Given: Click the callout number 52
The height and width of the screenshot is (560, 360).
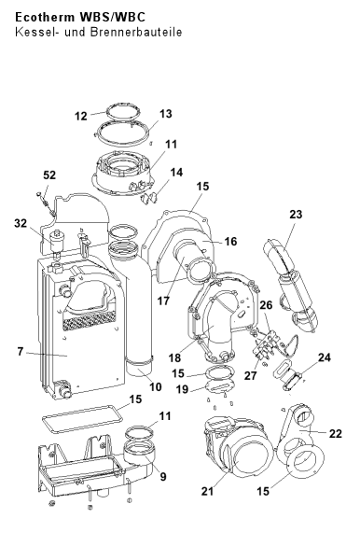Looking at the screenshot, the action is (x=49, y=175).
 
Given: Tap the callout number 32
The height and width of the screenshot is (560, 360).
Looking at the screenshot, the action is (x=21, y=223).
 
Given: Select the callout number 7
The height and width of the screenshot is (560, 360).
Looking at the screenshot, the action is (x=21, y=352).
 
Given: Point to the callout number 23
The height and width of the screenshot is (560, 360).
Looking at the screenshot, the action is (x=296, y=215).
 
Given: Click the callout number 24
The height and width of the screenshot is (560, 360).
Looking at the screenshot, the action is (x=325, y=357).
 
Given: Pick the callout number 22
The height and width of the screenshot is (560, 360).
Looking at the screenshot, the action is (x=336, y=434).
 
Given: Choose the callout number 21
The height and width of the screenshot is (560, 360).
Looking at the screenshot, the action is (x=207, y=491).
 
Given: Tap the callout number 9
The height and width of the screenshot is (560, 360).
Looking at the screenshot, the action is (x=163, y=477).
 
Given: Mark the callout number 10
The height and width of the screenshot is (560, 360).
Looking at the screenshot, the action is (x=156, y=386).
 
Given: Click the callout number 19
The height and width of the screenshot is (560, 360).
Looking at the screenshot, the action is (x=182, y=389).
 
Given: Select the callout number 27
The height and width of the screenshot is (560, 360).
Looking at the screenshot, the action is (x=251, y=375).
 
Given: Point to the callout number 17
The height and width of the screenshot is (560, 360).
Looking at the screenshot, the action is (x=163, y=301).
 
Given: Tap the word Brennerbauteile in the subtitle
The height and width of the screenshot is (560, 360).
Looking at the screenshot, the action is (x=136, y=32).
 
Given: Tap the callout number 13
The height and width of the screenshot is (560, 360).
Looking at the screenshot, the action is (x=166, y=114).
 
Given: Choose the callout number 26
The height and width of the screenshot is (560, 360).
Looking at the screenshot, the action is (x=266, y=305).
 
